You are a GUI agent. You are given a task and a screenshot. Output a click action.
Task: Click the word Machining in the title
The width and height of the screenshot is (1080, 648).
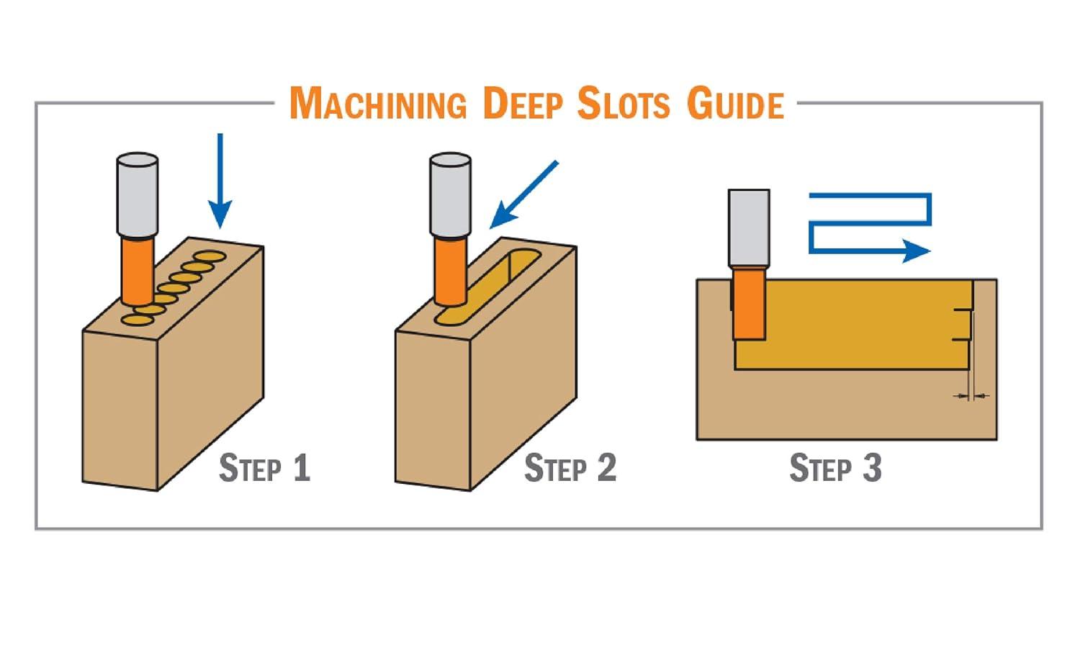pyautogui.click(x=377, y=104)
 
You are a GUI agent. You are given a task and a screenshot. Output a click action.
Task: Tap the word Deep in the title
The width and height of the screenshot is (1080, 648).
pyautogui.click(x=522, y=104)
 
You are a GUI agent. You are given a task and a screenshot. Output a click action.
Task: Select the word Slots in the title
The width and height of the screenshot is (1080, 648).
pyautogui.click(x=624, y=104)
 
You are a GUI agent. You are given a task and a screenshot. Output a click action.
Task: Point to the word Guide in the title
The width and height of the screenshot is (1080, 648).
pyautogui.click(x=735, y=104)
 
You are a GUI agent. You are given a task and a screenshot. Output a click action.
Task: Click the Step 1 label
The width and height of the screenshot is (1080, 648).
pyautogui.click(x=264, y=468)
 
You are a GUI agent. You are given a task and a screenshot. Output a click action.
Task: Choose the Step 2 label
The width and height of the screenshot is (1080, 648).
pyautogui.click(x=570, y=468)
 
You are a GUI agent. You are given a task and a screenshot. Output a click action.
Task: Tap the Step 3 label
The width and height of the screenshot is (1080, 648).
pyautogui.click(x=835, y=468)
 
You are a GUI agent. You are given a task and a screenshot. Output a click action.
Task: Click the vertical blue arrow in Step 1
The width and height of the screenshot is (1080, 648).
pyautogui.click(x=220, y=180)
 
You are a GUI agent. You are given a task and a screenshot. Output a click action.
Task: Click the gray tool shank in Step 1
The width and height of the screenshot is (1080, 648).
pyautogui.click(x=138, y=194)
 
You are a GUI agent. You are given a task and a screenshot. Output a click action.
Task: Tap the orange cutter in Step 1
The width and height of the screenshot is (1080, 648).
pyautogui.click(x=137, y=270)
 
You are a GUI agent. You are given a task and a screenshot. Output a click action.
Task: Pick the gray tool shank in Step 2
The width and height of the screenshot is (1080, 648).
pyautogui.click(x=450, y=194)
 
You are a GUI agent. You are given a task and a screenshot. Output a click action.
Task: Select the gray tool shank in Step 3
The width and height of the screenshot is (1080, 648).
pyautogui.click(x=749, y=227)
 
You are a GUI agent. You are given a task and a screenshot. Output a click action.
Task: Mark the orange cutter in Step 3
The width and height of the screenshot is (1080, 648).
pyautogui.click(x=749, y=302)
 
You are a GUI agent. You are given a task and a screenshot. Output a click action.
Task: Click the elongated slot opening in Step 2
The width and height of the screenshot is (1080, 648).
pyautogui.click(x=497, y=284)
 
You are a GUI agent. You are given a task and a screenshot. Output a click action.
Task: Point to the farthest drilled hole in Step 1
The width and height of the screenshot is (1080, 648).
pyautogui.click(x=210, y=256)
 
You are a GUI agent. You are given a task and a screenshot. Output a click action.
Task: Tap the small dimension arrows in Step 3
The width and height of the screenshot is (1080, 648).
pyautogui.click(x=971, y=395)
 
